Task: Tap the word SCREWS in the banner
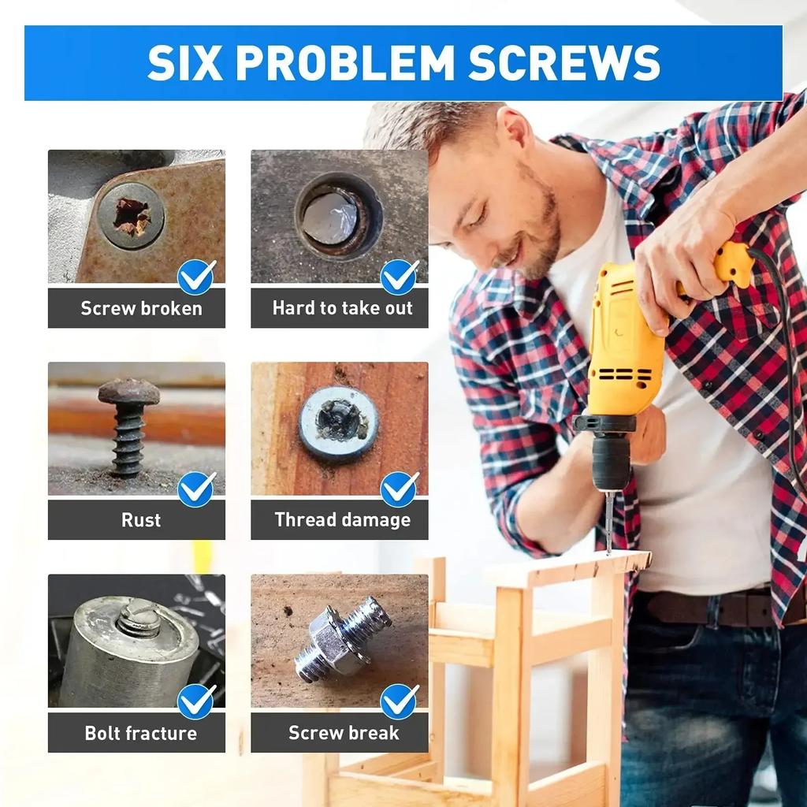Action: pos(563,63)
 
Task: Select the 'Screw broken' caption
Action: pos(141,308)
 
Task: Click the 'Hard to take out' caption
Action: pos(342,308)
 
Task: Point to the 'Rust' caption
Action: pos(141,520)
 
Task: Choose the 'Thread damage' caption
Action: pos(342,520)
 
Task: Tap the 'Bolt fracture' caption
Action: pos(141,733)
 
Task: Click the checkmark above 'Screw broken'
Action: pos(196,277)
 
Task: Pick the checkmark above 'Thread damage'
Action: pos(400,489)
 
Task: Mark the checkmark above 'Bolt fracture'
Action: pos(196,701)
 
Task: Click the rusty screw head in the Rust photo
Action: pos(128,392)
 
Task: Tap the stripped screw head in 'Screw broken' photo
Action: pos(132,216)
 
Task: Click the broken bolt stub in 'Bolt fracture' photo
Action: pos(139,619)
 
